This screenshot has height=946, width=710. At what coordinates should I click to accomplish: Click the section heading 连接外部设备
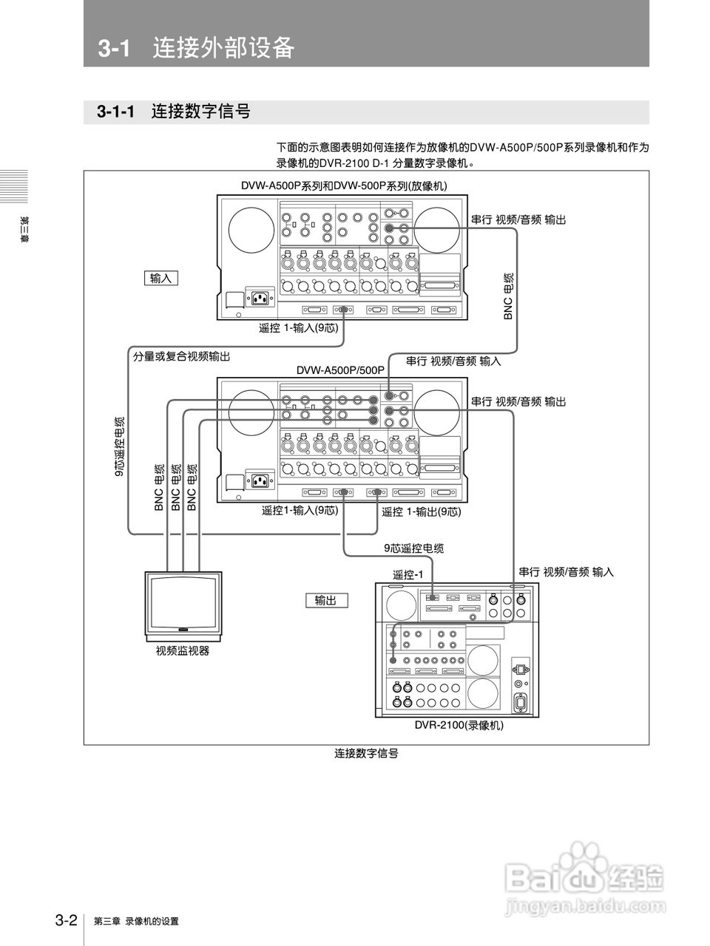(223, 48)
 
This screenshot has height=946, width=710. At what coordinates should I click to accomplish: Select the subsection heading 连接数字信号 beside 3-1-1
(200, 112)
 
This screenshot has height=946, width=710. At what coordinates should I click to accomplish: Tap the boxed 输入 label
(160, 278)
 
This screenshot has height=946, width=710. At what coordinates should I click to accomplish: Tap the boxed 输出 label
(325, 600)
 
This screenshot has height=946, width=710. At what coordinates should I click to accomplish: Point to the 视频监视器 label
(183, 651)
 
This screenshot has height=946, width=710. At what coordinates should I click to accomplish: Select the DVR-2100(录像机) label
(459, 726)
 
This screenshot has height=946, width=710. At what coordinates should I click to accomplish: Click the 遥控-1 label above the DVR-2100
(408, 575)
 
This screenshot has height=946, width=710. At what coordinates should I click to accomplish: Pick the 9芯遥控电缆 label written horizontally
(413, 548)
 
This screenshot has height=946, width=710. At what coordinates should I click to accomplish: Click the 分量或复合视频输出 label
(181, 356)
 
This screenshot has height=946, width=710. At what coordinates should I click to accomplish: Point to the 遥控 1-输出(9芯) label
(421, 511)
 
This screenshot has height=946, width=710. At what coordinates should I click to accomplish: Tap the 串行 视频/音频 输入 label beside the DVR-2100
(566, 571)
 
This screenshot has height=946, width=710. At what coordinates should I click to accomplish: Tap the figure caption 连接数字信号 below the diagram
(366, 753)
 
